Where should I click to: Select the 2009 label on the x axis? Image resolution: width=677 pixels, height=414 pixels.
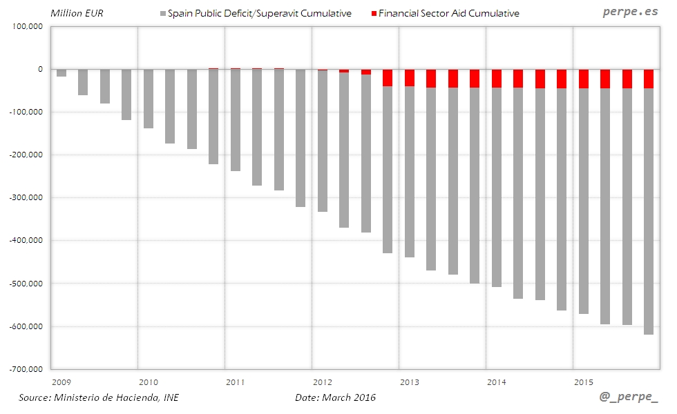click(61, 381)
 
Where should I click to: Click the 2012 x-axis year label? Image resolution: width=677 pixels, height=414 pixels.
click(322, 381)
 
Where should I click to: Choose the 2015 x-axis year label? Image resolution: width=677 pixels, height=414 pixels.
click(584, 381)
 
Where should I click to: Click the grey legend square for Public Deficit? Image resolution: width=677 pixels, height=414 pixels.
click(163, 14)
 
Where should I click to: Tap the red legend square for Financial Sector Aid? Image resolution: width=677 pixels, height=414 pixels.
click(374, 14)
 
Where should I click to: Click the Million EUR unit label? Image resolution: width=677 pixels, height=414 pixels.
click(77, 14)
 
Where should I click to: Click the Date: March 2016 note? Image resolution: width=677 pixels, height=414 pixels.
click(336, 397)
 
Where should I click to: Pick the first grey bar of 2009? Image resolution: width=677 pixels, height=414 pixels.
click(61, 73)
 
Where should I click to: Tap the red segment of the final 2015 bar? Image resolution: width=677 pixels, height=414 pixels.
click(649, 79)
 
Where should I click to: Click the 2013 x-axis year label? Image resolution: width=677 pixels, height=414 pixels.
click(410, 381)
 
